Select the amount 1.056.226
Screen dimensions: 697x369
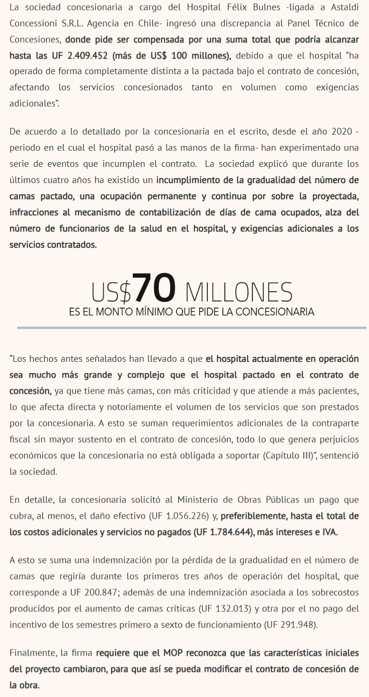pos(186,515)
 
